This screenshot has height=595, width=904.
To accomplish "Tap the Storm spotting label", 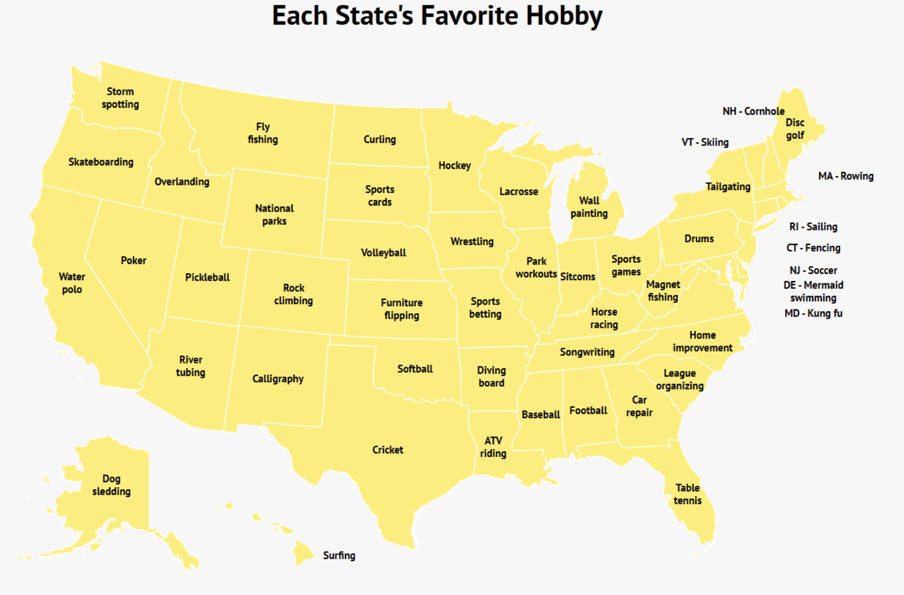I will (120, 98).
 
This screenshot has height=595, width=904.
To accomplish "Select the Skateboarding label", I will (101, 162).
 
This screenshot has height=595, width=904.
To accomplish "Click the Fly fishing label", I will (263, 133).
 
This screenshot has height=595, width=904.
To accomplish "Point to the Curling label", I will (380, 140).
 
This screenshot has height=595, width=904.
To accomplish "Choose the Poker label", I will (134, 260).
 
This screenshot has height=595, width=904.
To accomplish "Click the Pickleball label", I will (207, 277).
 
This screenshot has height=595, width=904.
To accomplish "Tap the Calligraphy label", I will (278, 379).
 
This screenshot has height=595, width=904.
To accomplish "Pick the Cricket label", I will (388, 449).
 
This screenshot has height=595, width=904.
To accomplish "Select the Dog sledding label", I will (111, 485).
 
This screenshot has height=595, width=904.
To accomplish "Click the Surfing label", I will (339, 556).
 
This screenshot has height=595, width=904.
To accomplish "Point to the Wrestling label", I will (472, 241).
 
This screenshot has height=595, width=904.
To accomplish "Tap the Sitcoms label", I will (577, 276).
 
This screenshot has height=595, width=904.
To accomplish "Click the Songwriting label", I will (587, 352).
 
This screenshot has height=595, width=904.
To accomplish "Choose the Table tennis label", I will (688, 494).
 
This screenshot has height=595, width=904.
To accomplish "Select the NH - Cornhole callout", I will (753, 111).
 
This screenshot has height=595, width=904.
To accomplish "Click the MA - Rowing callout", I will (846, 176).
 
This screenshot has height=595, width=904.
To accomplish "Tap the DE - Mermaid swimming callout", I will (813, 292).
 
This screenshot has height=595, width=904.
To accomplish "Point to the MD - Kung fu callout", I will (813, 313).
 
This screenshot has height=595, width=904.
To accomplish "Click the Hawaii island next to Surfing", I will (303, 552).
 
